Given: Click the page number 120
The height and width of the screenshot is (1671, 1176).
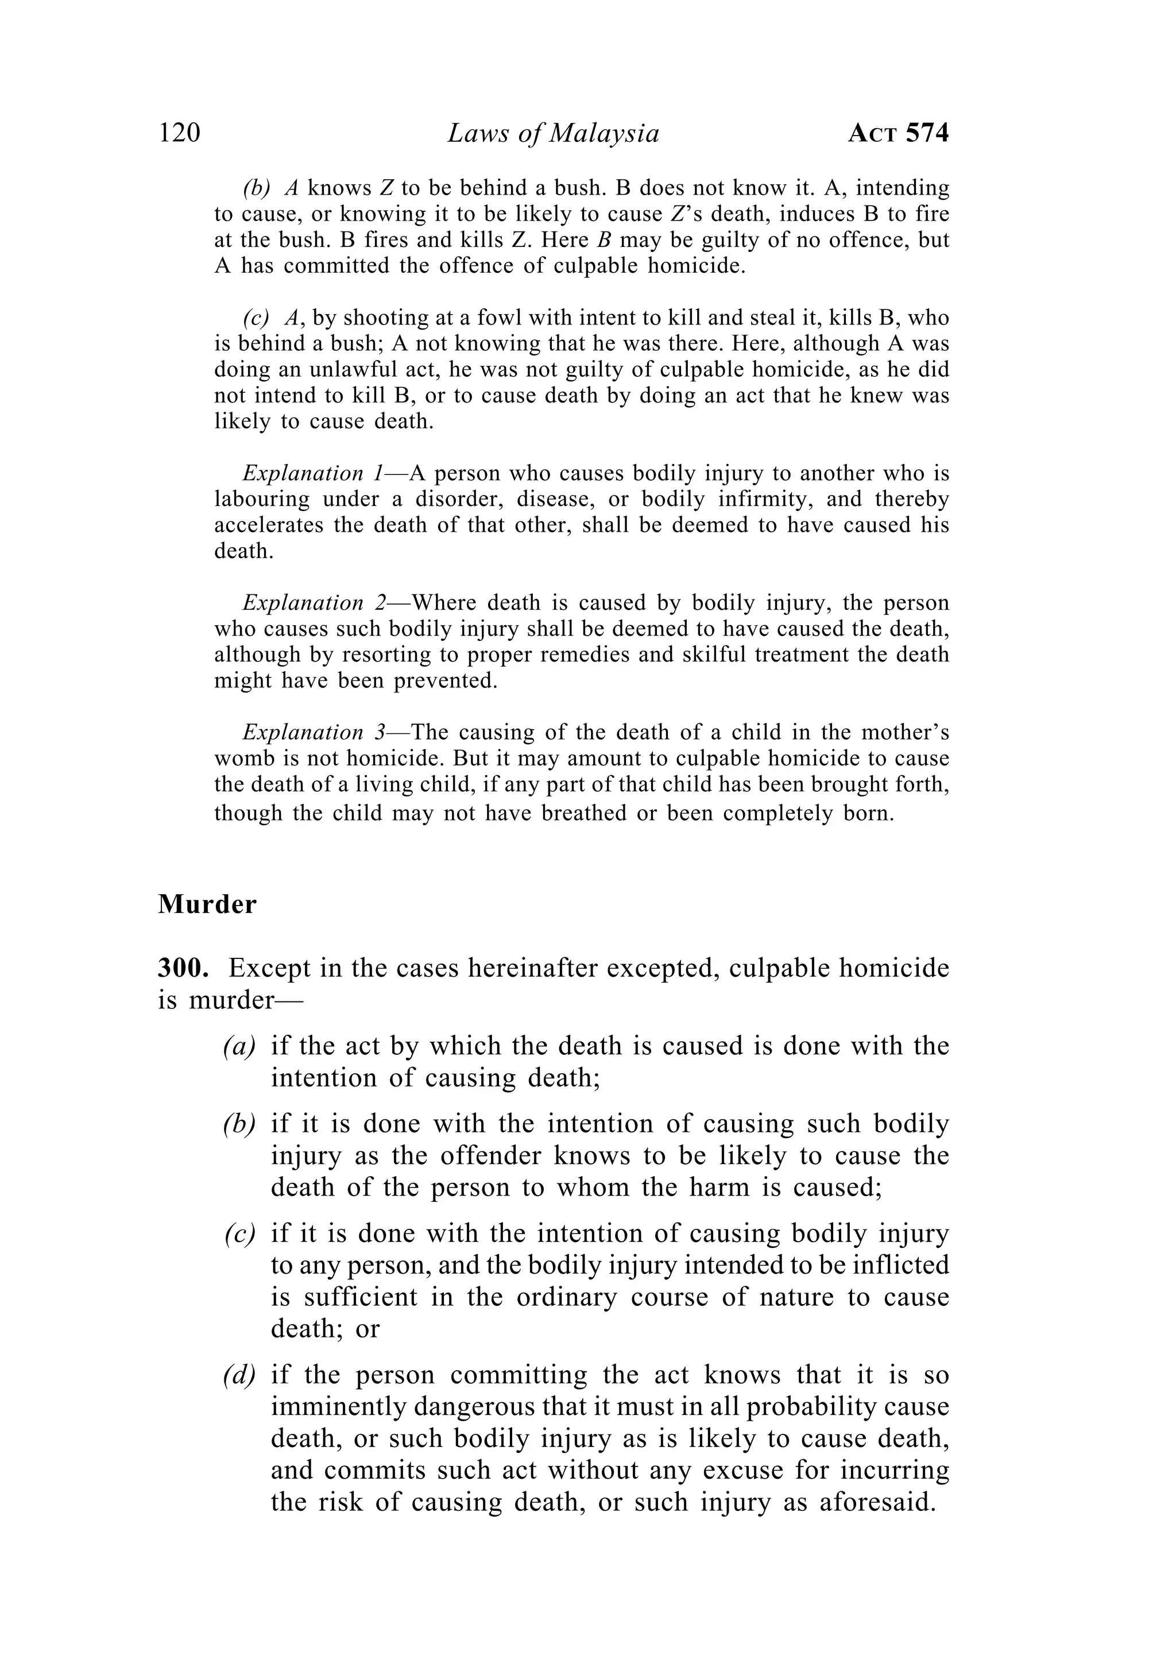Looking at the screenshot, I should [179, 133].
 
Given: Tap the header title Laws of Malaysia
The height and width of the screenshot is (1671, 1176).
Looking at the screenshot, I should [553, 133].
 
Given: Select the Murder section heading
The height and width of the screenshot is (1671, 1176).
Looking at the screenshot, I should [207, 904].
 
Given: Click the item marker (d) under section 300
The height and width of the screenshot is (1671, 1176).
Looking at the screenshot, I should [239, 1375].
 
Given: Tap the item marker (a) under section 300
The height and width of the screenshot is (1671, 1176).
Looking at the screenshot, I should [239, 1047].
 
